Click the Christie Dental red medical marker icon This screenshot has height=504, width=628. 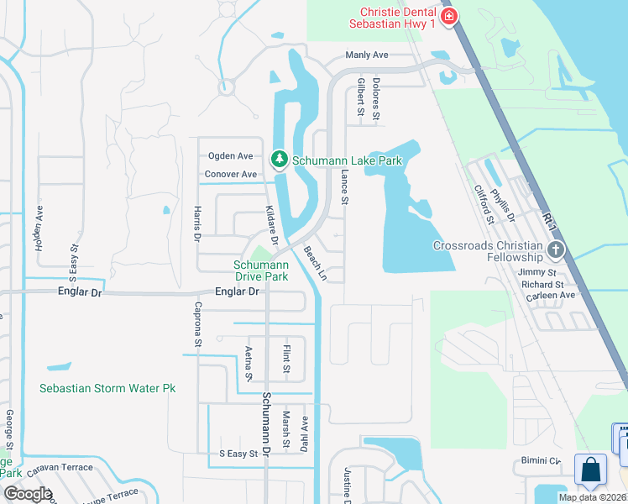click(450, 16)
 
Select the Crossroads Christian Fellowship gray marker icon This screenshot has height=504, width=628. click(554, 249)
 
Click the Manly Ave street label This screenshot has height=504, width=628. click(367, 55)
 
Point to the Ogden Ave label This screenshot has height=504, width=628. click(230, 155)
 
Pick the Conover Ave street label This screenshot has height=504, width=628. click(230, 174)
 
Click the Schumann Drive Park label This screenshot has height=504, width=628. click(260, 270)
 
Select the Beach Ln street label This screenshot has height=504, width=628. click(314, 262)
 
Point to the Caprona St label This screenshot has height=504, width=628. click(199, 324)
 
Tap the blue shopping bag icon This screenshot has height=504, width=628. click(590, 469)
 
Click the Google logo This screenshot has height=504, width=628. click(28, 493)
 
